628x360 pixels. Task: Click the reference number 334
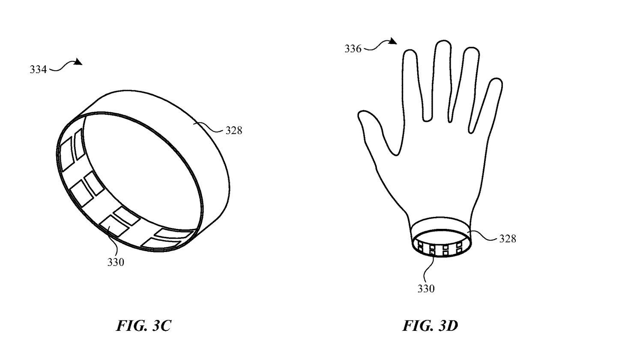coord(38,69)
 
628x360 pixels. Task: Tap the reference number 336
coord(353,48)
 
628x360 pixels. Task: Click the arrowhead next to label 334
coord(78,63)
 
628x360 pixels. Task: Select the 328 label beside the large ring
coord(233,131)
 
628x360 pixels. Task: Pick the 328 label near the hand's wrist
coord(508,239)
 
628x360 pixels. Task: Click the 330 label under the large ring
coord(116,262)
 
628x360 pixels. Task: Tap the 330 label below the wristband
coord(426,289)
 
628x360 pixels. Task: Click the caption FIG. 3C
coord(143,326)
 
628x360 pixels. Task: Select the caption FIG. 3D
coord(430,326)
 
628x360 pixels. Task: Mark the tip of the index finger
coord(410,53)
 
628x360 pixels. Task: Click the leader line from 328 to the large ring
coord(210,127)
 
